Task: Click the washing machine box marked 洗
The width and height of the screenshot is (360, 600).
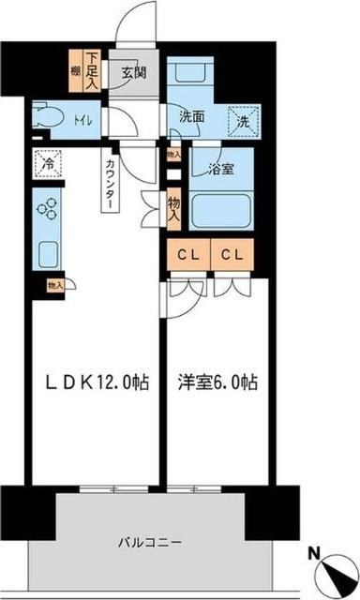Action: point(243,120)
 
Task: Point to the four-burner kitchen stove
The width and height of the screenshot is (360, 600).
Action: point(47,208)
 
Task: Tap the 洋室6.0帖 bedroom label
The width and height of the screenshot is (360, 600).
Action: point(217,383)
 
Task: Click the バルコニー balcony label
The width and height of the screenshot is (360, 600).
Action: point(150,542)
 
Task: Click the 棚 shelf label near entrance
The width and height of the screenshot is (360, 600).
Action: point(73,71)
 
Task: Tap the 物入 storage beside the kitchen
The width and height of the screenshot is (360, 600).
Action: point(54,284)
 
